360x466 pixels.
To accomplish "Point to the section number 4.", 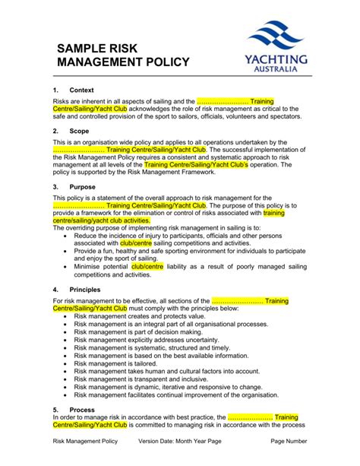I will click(x=55, y=290).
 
